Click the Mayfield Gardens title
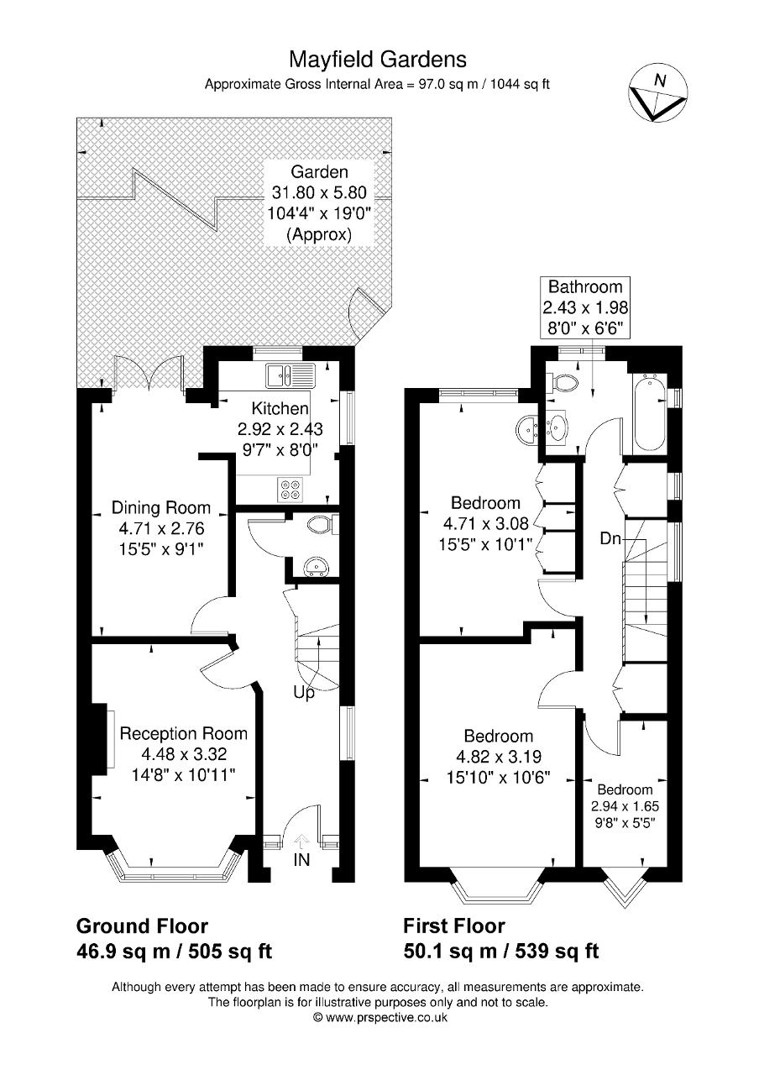pos(378,59)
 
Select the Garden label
pos(319,172)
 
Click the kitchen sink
pos(289,373)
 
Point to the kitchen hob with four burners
pos(291,488)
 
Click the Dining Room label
pos(161,508)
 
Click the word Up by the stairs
pos(304,693)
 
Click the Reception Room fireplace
pos(109,737)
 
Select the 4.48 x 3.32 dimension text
pos(183,753)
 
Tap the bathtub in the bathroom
pos(650,415)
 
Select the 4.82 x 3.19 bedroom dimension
pos(499,757)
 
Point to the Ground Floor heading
pos(142,926)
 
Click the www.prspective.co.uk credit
pos(379,1017)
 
